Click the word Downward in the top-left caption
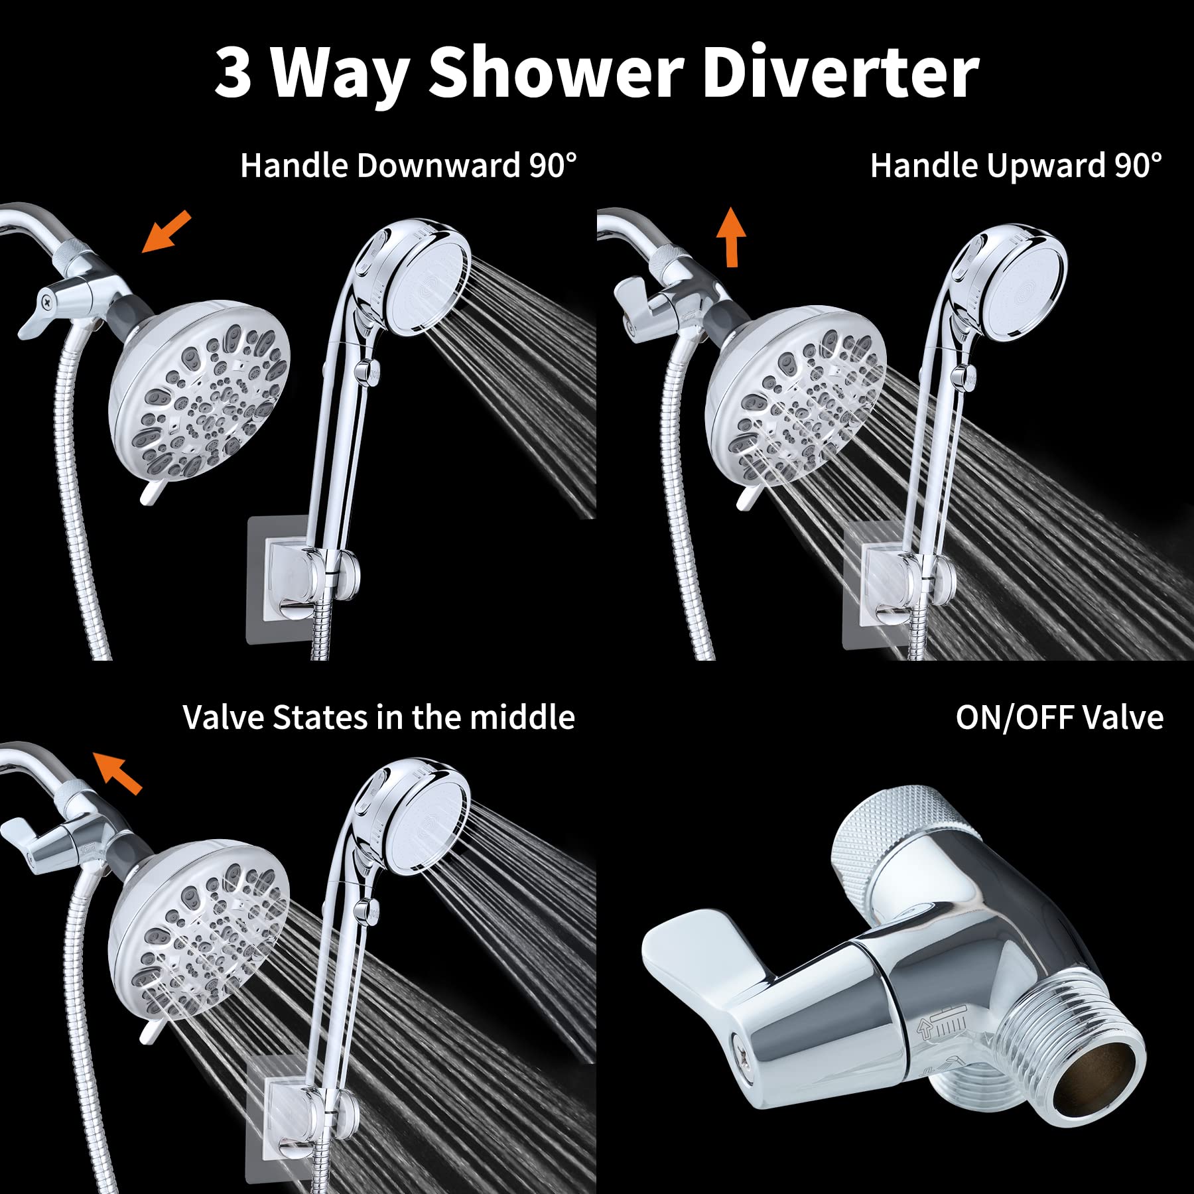438,165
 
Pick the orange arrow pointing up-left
117,771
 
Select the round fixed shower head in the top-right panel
796,395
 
